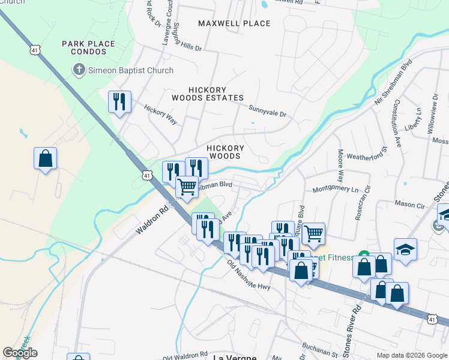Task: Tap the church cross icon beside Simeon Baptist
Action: (x=78, y=70)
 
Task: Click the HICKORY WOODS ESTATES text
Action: (x=208, y=94)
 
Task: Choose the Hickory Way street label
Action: (x=160, y=114)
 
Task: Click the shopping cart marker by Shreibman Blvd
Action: (x=187, y=187)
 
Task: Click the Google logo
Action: (x=20, y=353)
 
